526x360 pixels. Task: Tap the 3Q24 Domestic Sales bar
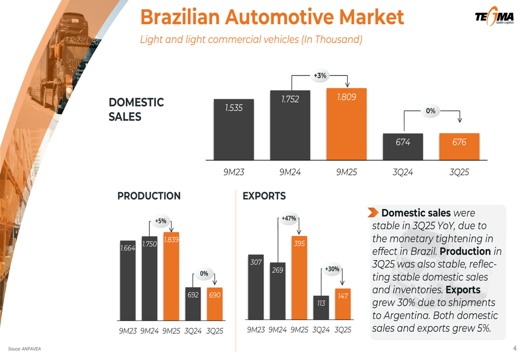click(403, 147)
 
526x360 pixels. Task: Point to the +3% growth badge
click(320, 76)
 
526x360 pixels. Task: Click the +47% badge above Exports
click(289, 218)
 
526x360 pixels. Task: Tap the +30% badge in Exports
click(332, 269)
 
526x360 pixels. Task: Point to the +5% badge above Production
click(160, 221)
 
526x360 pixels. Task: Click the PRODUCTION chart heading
click(149, 196)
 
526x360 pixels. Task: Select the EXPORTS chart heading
click(264, 196)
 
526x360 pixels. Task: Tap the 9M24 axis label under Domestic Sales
click(290, 172)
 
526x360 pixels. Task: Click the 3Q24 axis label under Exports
click(321, 330)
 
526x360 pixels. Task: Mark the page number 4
click(515, 348)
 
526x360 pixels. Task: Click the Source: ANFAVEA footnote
click(24, 349)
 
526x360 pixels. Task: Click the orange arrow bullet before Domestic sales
click(373, 212)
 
